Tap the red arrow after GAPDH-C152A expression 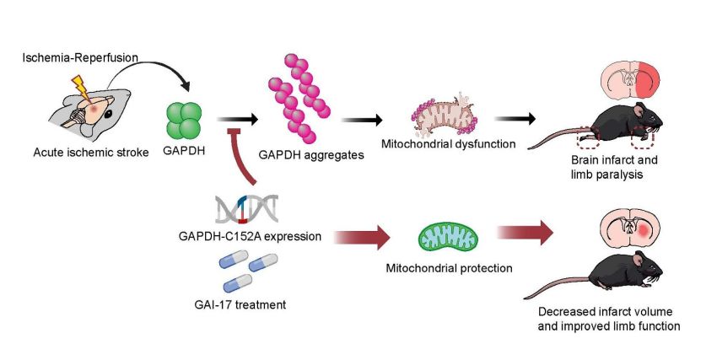point(362,237)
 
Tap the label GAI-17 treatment point(245,304)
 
